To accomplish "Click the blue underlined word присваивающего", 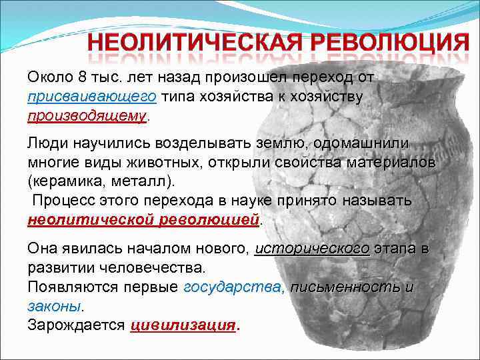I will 92,97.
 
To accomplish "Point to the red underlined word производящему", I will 87,116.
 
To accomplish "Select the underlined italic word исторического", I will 313,249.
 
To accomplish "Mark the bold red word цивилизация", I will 183,325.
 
